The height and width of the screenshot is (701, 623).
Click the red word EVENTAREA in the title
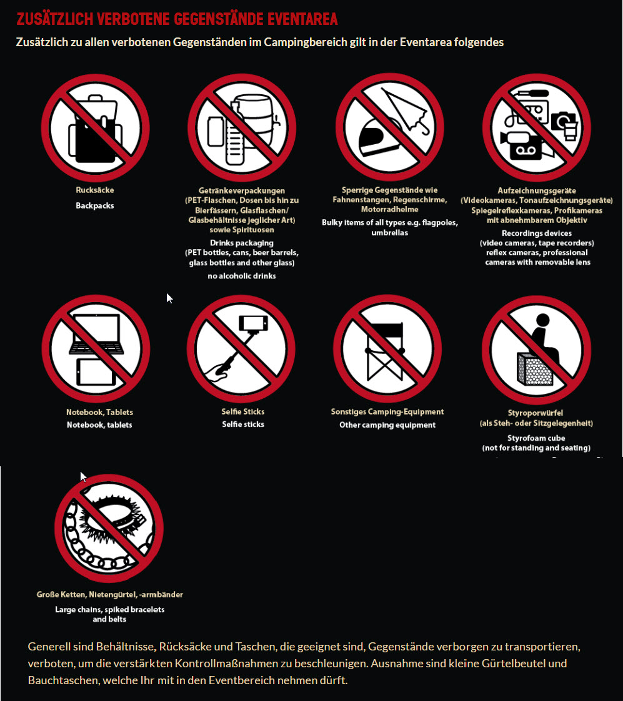click(x=302, y=19)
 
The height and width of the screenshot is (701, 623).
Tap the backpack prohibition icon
click(x=96, y=128)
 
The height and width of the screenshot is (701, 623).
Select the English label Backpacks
click(x=95, y=205)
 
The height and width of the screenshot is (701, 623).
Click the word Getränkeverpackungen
click(x=242, y=190)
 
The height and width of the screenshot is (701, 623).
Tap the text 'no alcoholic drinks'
click(x=242, y=276)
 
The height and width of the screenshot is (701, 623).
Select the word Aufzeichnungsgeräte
click(x=537, y=190)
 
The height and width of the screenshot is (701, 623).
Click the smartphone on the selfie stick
click(x=253, y=322)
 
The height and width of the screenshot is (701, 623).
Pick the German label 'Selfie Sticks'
click(x=243, y=411)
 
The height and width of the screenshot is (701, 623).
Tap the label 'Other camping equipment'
click(x=387, y=424)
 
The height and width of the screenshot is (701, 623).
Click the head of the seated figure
click(x=543, y=320)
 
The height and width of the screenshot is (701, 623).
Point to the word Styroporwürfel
click(x=536, y=413)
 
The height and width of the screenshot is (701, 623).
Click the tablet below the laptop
click(x=96, y=371)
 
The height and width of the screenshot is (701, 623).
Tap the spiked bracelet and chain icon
click(x=109, y=528)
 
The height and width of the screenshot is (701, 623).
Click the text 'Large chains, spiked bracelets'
click(x=109, y=609)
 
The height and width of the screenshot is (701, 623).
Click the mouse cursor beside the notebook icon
click(x=169, y=298)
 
